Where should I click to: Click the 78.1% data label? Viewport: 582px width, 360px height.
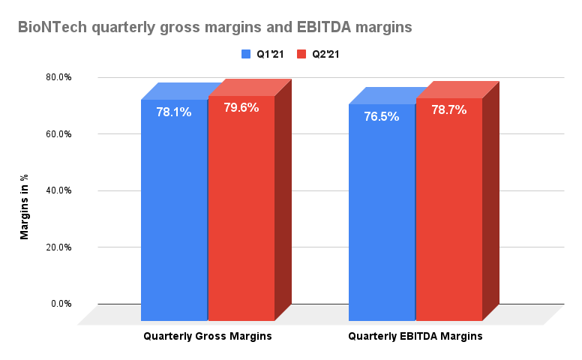pyautogui.click(x=173, y=112)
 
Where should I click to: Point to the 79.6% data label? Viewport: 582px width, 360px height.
pyautogui.click(x=241, y=107)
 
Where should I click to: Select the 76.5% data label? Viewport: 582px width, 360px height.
pyautogui.click(x=381, y=116)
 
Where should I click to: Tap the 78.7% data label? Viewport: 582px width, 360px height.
pyautogui.click(x=448, y=109)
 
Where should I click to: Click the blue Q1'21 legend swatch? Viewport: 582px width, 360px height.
pyautogui.click(x=245, y=54)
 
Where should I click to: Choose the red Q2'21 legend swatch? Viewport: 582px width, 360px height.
pyautogui.click(x=302, y=54)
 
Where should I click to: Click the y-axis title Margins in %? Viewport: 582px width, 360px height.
pyautogui.click(x=24, y=206)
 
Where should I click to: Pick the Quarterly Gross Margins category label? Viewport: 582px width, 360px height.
pyautogui.click(x=207, y=337)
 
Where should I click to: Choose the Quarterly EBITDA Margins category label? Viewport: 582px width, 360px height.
pyautogui.click(x=415, y=337)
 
